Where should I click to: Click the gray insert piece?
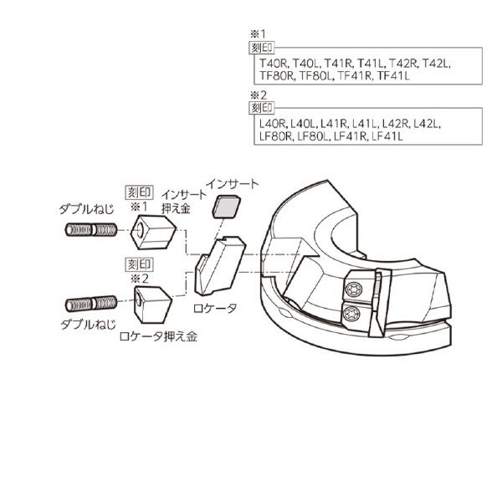(x=227, y=207)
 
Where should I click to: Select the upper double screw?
(x=91, y=229)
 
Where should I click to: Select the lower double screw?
(x=91, y=304)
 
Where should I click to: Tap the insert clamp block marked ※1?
(x=153, y=232)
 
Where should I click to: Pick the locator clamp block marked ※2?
(x=152, y=305)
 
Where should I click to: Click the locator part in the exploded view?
(x=220, y=265)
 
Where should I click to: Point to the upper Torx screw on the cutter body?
(x=353, y=289)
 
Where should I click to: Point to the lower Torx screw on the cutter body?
(x=351, y=314)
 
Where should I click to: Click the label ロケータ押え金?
(x=158, y=336)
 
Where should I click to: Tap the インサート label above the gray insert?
(x=232, y=184)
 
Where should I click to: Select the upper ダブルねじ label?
(x=86, y=210)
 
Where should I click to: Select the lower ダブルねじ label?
(x=88, y=325)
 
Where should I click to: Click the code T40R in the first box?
(x=274, y=64)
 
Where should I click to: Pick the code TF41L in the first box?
(x=393, y=76)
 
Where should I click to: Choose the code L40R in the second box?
(x=272, y=124)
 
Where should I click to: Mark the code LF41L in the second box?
(x=387, y=136)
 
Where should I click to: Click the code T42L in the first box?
(x=436, y=64)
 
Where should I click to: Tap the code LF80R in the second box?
(x=275, y=136)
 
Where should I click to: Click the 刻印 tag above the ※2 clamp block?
(x=139, y=264)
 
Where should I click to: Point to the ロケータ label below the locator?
(x=215, y=308)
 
